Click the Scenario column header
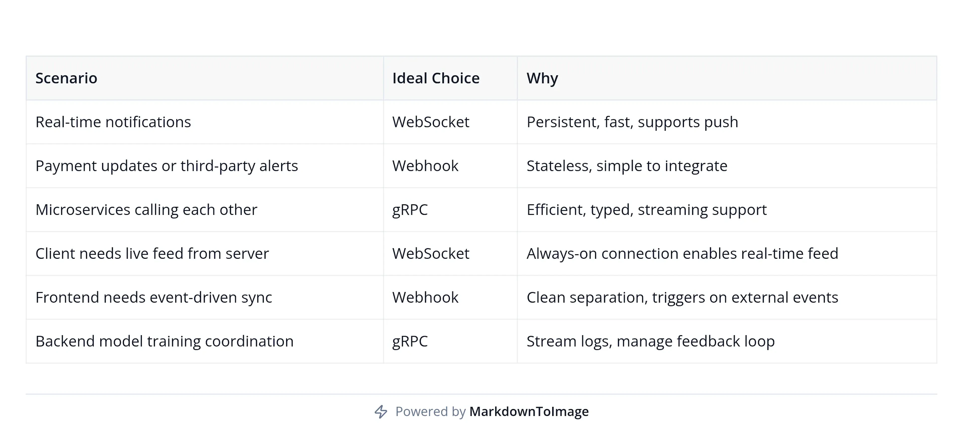click(66, 78)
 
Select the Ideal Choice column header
click(436, 78)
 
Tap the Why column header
click(542, 78)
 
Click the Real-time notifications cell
click(113, 122)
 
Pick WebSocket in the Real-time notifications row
click(430, 122)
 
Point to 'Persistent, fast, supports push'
click(632, 122)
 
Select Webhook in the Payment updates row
click(425, 166)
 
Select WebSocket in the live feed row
click(430, 253)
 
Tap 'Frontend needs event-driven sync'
click(154, 297)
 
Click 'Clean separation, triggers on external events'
click(682, 297)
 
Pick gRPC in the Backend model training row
click(410, 341)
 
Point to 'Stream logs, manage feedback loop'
click(651, 341)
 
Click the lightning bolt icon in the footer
click(381, 412)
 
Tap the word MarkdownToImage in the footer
click(529, 412)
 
